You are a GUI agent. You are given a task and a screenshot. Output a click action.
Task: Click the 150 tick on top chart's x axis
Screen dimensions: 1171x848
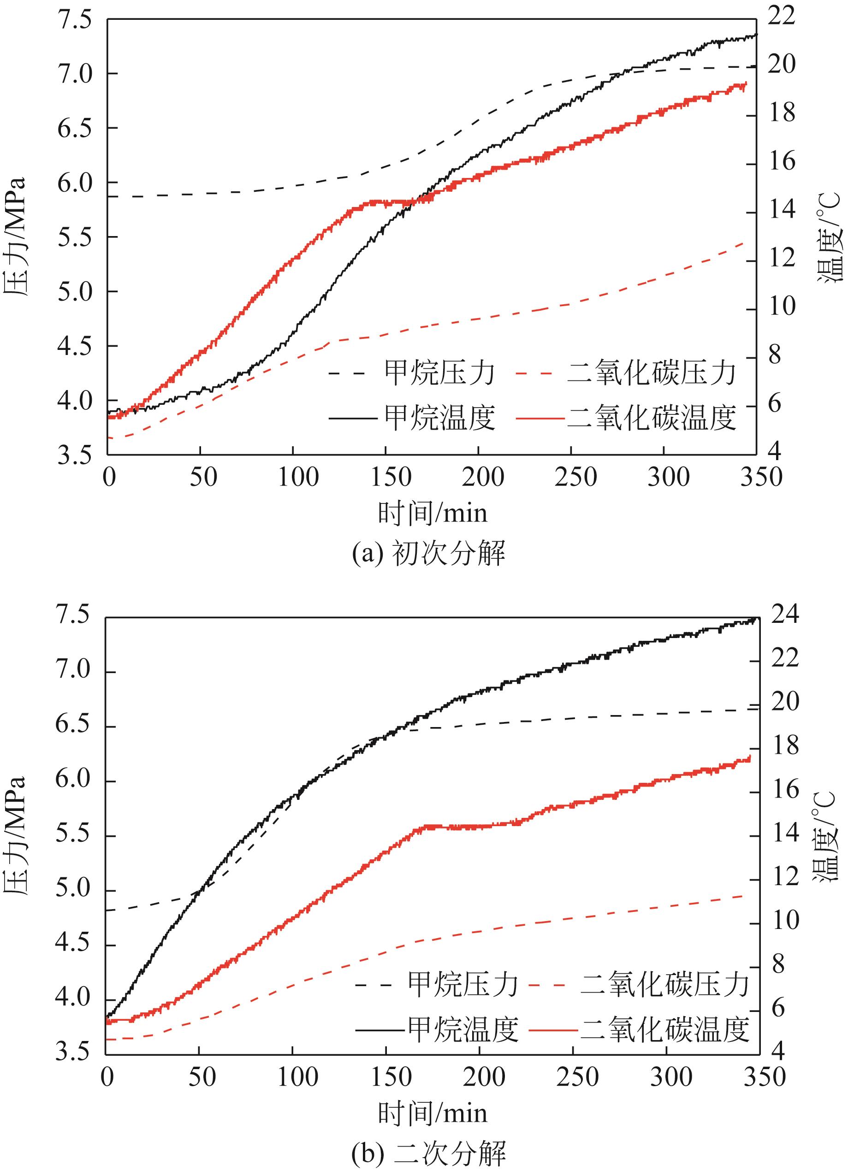[x=386, y=478]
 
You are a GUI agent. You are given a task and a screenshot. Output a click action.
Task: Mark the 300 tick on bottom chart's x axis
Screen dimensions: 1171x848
[x=667, y=1077]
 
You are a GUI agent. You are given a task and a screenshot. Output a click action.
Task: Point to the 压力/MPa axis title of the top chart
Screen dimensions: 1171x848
[x=14, y=237]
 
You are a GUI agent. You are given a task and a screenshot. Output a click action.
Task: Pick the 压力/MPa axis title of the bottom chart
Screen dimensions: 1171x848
[x=14, y=835]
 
